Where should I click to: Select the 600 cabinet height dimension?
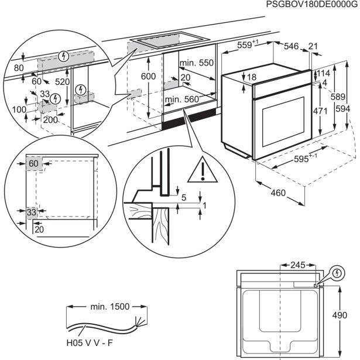[149, 76]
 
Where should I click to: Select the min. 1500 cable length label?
[106, 306]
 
